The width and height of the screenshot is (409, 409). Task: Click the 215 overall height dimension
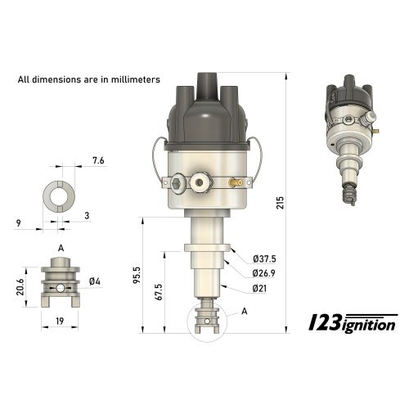(x=281, y=203)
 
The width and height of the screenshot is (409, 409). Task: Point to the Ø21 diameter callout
(x=260, y=289)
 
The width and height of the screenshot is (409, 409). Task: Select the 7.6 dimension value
(x=98, y=161)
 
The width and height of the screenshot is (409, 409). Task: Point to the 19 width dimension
(x=61, y=321)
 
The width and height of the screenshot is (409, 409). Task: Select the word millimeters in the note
(x=130, y=80)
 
